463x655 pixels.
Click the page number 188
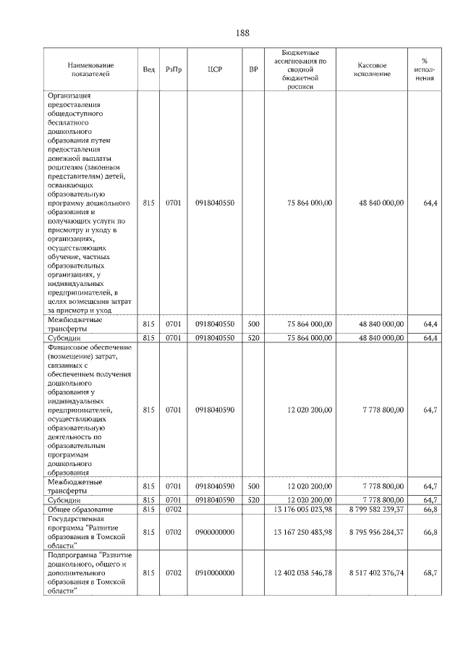[242, 33]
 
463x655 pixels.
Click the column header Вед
[149, 69]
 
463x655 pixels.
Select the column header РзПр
[174, 69]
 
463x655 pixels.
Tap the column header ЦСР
[214, 69]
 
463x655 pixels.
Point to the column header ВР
[253, 69]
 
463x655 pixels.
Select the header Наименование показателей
[89, 69]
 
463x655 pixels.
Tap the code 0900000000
[214, 533]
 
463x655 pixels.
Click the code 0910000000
[214, 572]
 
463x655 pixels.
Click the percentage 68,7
[431, 572]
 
